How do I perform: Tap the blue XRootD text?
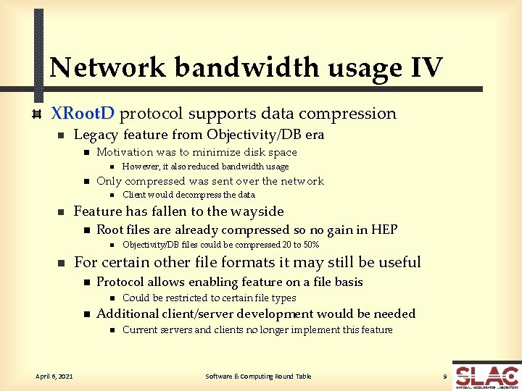tap(82, 114)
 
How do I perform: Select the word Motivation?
tap(125, 152)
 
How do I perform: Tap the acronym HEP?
tap(384, 230)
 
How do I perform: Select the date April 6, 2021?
tap(55, 376)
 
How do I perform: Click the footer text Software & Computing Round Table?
tap(258, 376)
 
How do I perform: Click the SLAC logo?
tap(486, 377)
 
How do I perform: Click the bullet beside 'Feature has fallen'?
tap(62, 212)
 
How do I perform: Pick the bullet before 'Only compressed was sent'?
tap(85, 182)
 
